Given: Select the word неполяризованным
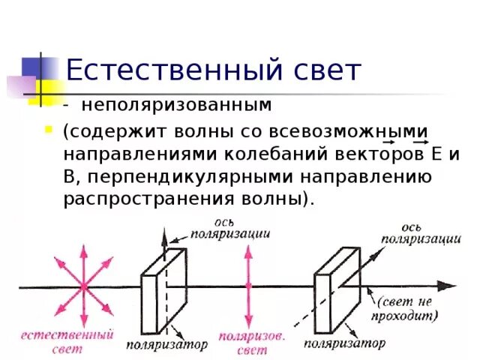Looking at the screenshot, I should tap(176, 106).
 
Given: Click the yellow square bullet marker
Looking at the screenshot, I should tap(49, 129).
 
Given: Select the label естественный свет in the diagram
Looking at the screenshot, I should tap(67, 340).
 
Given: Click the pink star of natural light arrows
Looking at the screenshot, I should tap(83, 286).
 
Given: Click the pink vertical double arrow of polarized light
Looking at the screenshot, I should tap(247, 286).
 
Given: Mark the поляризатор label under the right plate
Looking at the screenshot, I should tap(344, 343).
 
